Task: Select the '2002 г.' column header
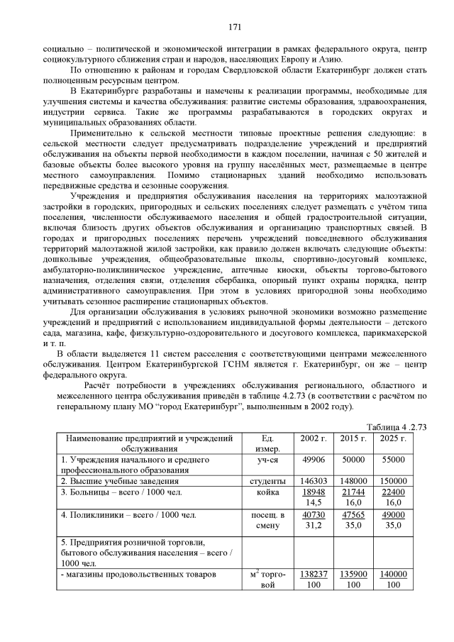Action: [313, 438]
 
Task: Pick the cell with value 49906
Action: [313, 460]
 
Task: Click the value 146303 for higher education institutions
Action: [313, 481]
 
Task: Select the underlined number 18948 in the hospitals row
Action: [313, 492]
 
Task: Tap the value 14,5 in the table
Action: [313, 502]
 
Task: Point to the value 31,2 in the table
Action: [313, 526]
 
